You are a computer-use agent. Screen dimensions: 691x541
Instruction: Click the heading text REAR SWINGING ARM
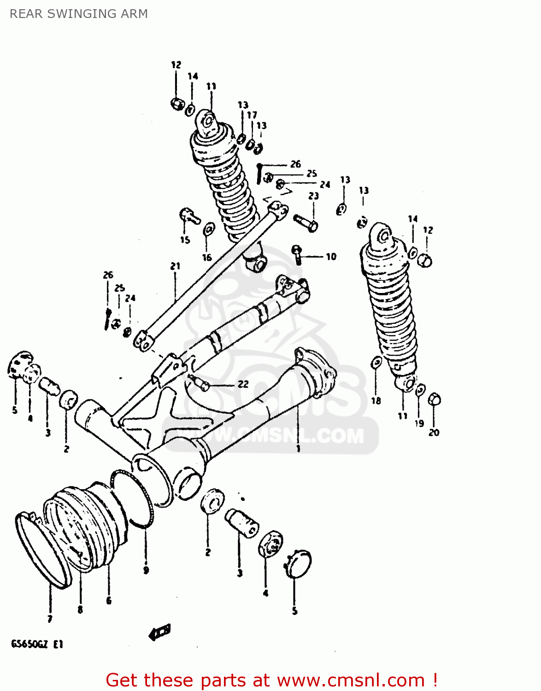point(79,14)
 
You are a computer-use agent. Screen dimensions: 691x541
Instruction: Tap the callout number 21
point(175,266)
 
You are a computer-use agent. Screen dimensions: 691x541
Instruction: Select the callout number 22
point(243,384)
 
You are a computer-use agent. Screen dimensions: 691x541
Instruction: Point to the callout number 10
point(331,257)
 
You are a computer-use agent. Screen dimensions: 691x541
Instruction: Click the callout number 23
point(313,196)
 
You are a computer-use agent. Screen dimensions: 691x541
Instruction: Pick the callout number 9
point(146,570)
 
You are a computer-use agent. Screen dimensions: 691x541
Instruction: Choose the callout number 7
point(50,619)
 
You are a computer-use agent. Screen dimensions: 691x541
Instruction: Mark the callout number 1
point(298,448)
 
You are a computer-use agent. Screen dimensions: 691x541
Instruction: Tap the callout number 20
point(434,432)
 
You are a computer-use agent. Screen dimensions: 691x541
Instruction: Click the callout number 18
point(376,400)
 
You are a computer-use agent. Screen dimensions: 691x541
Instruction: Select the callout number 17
point(252,115)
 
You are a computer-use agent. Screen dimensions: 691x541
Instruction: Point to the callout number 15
point(185,240)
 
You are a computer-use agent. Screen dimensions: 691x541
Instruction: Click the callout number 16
point(207,258)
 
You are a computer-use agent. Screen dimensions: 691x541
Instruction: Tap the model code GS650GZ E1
point(37,644)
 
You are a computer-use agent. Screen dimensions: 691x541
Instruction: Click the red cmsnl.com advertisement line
point(271,680)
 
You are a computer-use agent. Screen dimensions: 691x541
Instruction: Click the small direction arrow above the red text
point(160,632)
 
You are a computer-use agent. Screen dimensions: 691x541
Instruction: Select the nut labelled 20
point(434,399)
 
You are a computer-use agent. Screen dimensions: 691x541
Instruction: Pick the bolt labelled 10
point(297,253)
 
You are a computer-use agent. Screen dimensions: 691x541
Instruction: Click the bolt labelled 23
point(306,223)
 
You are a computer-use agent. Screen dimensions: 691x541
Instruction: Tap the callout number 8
point(80,609)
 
